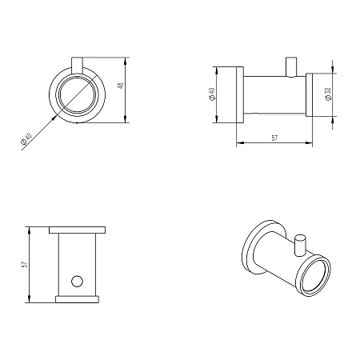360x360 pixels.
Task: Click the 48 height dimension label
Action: point(121,86)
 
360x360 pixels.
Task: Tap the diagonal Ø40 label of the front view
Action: point(26,138)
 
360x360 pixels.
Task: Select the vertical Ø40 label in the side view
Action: point(212,94)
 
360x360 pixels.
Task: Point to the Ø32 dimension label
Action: point(328,94)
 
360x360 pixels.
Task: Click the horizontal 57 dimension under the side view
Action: point(274,138)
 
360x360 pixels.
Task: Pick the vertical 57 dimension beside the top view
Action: point(25,265)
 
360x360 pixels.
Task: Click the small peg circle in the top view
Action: point(77,282)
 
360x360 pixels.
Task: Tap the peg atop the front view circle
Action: point(78,66)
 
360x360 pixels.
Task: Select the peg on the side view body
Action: point(291,67)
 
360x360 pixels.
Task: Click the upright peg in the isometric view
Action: point(300,246)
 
